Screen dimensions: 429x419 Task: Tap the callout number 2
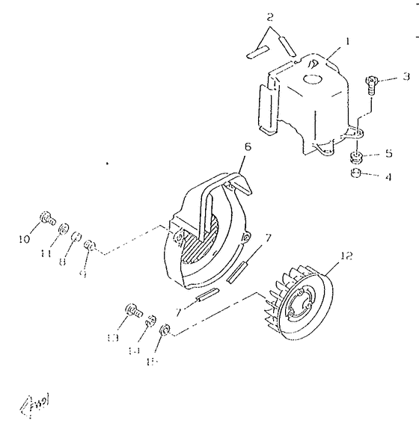tap(271, 16)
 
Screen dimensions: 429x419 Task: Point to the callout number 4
tap(388, 178)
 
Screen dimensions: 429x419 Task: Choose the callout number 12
tap(346, 256)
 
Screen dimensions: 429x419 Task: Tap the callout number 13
tap(114, 338)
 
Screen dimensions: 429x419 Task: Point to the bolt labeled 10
tap(46, 219)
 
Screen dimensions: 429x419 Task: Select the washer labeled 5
tap(357, 157)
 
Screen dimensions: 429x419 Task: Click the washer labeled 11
tap(64, 227)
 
